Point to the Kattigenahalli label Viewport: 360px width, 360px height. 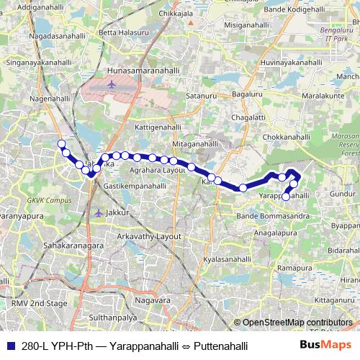158,126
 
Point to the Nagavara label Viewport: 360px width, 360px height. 156,299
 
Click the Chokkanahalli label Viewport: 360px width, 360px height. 289,136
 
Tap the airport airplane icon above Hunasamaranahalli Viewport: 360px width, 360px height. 112,85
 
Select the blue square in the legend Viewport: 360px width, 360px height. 10,346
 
